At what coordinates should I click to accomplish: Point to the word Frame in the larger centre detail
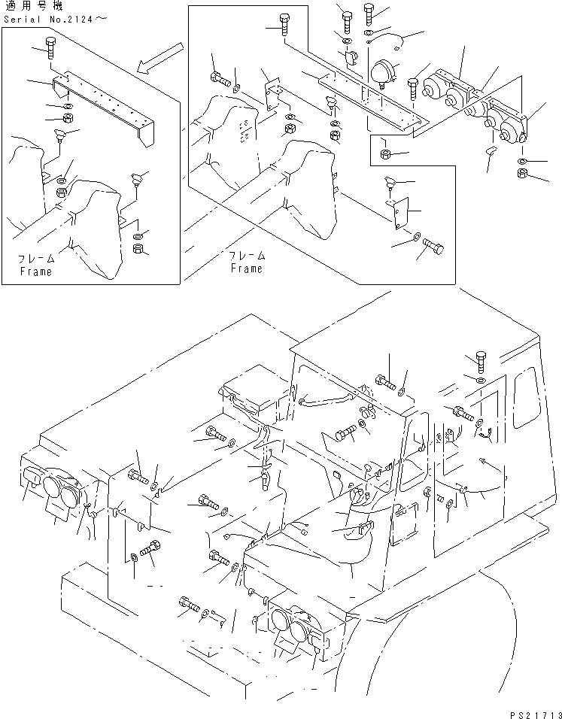pos(246,268)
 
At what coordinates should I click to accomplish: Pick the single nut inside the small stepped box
pos(384,155)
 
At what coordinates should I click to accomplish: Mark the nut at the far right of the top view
pos(522,175)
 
